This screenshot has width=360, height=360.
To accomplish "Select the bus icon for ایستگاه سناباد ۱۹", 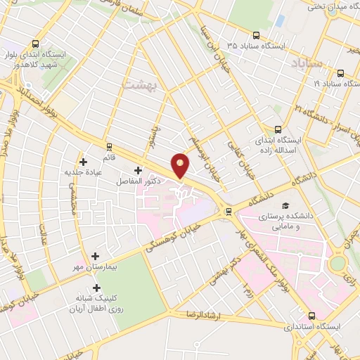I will pyautogui.click(x=341, y=72).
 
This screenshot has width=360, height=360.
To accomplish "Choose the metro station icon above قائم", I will pyautogui.click(x=109, y=146).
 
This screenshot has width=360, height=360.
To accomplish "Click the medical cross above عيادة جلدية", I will pyautogui.click(x=84, y=162).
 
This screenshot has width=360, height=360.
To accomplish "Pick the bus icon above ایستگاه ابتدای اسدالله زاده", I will pyautogui.click(x=278, y=129).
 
